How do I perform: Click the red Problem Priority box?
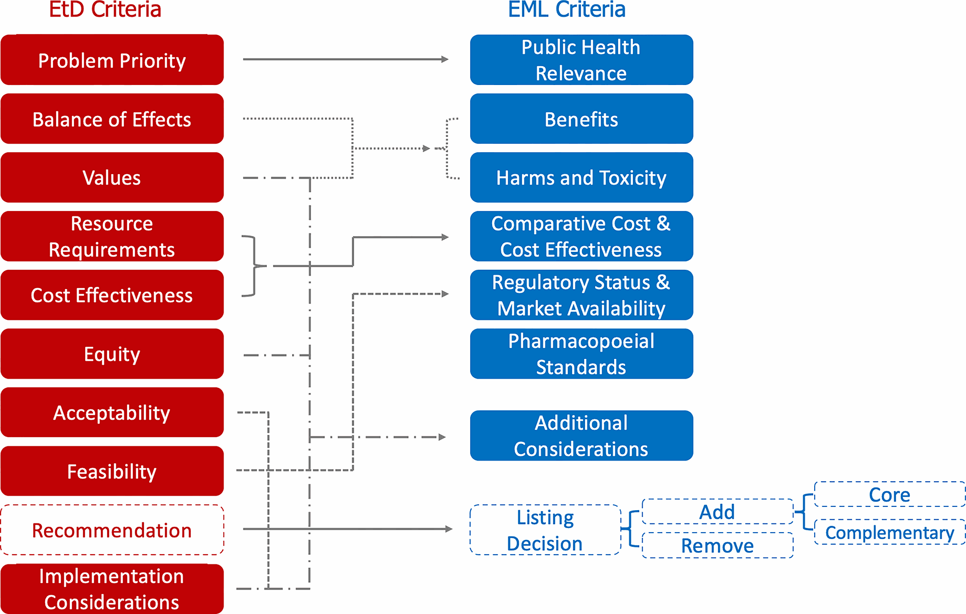pyautogui.click(x=112, y=60)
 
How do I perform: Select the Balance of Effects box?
pyautogui.click(x=112, y=119)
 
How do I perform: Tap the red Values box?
pyautogui.click(x=112, y=177)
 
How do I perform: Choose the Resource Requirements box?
pyautogui.click(x=112, y=236)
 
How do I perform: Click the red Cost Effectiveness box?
pyautogui.click(x=112, y=295)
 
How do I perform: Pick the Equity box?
pyautogui.click(x=112, y=354)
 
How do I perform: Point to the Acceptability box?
pyautogui.click(x=112, y=412)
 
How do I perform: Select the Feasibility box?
pyautogui.click(x=112, y=471)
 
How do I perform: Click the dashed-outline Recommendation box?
pyautogui.click(x=112, y=530)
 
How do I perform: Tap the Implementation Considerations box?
pyautogui.click(x=112, y=589)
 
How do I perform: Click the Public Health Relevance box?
pyautogui.click(x=581, y=60)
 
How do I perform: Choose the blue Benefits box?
pyautogui.click(x=581, y=119)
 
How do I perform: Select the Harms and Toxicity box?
pyautogui.click(x=581, y=177)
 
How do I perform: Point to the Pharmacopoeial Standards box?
pyautogui.click(x=581, y=354)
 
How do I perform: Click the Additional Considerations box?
pyautogui.click(x=581, y=436)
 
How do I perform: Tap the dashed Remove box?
pyautogui.click(x=718, y=546)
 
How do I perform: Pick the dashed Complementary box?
pyautogui.click(x=890, y=532)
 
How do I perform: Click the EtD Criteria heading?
pyautogui.click(x=105, y=10)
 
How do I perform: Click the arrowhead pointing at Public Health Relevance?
pyautogui.click(x=445, y=59)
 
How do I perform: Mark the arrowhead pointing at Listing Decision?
pyautogui.click(x=449, y=529)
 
